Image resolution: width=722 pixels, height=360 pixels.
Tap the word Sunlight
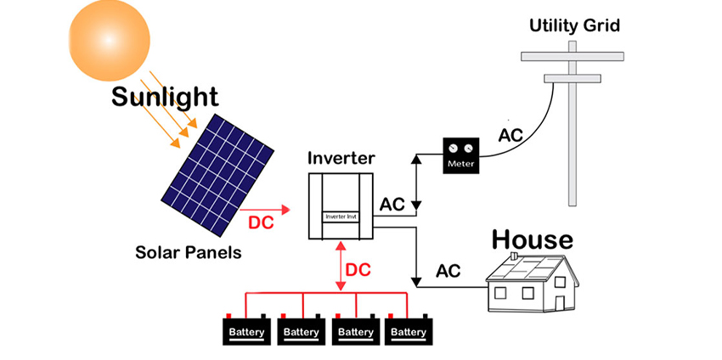tap(165, 97)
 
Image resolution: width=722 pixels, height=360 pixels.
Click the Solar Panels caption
tap(189, 252)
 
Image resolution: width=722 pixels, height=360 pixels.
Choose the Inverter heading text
tap(341, 159)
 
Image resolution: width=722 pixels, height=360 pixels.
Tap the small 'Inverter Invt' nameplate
tap(341, 217)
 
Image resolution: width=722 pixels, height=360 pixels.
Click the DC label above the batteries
tap(360, 270)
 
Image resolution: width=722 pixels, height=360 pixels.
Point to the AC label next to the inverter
tap(392, 205)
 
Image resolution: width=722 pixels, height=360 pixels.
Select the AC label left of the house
tap(448, 272)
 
